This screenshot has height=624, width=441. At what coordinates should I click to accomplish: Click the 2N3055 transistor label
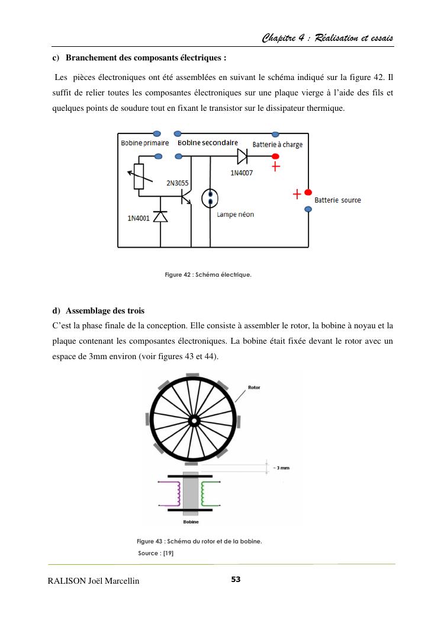pyautogui.click(x=177, y=183)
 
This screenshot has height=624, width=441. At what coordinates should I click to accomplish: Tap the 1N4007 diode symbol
pyautogui.click(x=242, y=156)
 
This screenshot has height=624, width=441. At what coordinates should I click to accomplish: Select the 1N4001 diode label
pyautogui.click(x=138, y=218)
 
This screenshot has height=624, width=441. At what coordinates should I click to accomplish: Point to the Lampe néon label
pyautogui.click(x=236, y=214)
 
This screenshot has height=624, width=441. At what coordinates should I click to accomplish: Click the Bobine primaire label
pyautogui.click(x=145, y=143)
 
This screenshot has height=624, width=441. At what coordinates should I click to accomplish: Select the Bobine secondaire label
pyautogui.click(x=208, y=143)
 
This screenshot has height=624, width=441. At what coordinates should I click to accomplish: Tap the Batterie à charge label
pyautogui.click(x=278, y=145)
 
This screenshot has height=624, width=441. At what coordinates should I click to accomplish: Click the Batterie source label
pyautogui.click(x=337, y=200)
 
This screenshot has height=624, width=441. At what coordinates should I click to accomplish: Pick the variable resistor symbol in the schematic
pyautogui.click(x=139, y=176)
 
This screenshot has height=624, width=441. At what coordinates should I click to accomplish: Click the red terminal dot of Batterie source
pyautogui.click(x=308, y=193)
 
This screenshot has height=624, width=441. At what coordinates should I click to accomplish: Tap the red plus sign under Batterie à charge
pyautogui.click(x=276, y=168)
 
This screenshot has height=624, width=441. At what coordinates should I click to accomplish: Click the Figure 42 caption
pyautogui.click(x=208, y=274)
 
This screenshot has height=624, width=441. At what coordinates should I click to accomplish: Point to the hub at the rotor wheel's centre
pyautogui.click(x=193, y=420)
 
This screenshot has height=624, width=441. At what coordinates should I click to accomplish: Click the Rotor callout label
pyautogui.click(x=253, y=388)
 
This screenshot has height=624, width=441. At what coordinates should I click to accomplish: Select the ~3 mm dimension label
pyautogui.click(x=282, y=468)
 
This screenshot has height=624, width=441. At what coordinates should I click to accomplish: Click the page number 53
pyautogui.click(x=236, y=579)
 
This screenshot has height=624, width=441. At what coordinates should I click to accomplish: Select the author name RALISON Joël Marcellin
pyautogui.click(x=94, y=581)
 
